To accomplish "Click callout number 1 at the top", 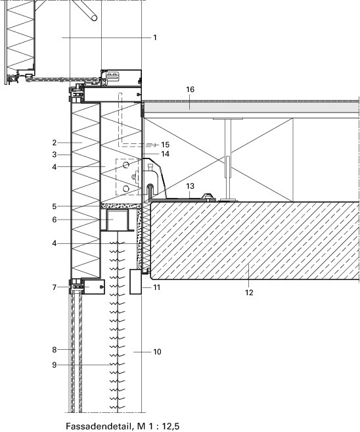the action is point(155,37).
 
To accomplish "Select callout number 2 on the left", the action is point(55,143).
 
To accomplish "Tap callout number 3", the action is point(55,155).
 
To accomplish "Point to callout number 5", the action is point(55,206).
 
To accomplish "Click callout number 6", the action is point(55,220).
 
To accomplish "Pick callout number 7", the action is point(55,287).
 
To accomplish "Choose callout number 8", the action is point(55,350).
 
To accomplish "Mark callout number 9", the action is point(55,365).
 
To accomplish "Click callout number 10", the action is point(157,352).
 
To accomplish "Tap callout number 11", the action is point(156,287).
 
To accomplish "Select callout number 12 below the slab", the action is point(249,293).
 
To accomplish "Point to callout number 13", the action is point(191,186).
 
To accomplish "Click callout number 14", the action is point(165,154).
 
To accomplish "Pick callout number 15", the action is point(165,145).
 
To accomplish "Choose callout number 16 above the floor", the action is point(191,89).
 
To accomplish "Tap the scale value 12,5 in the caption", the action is point(171,427).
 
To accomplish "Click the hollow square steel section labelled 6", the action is point(118,220).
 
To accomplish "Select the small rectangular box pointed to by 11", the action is point(136,281).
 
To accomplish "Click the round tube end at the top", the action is point(94,18).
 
